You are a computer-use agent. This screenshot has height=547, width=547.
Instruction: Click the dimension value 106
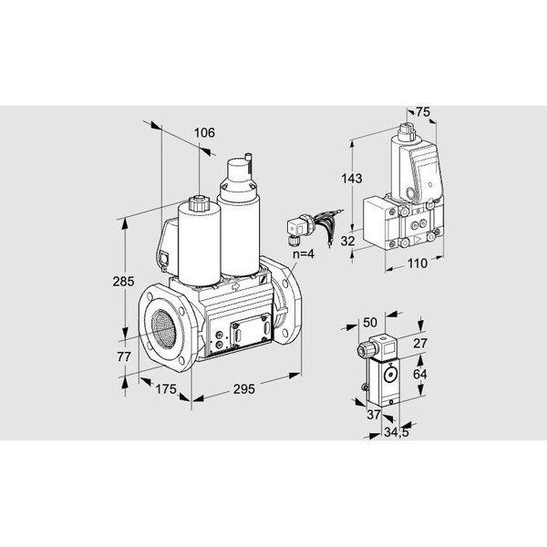(205, 133)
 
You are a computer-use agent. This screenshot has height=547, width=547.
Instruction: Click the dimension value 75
(422, 113)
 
